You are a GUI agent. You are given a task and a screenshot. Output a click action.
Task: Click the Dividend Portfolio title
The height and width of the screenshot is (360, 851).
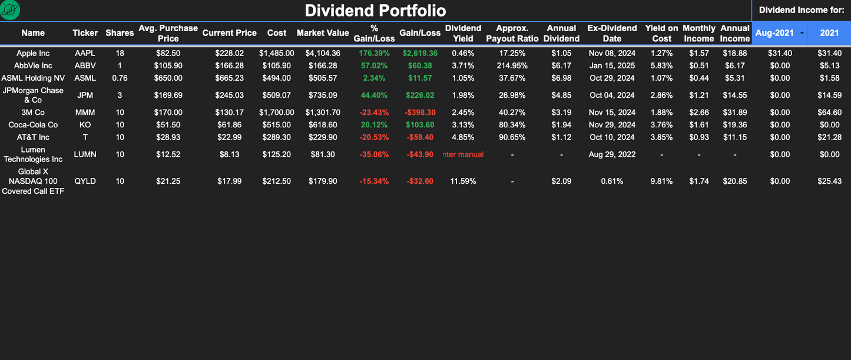[375, 11]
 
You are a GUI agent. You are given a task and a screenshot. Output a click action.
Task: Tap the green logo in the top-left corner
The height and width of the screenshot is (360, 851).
[10, 9]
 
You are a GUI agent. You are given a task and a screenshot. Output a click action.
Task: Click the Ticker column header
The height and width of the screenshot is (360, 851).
[85, 33]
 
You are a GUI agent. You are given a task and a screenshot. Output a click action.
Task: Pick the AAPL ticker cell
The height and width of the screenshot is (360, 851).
[85, 53]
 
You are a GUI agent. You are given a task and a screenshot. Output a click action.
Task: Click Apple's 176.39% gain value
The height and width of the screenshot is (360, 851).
[375, 53]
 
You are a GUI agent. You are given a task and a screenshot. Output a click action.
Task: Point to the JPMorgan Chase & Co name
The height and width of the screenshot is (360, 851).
[33, 95]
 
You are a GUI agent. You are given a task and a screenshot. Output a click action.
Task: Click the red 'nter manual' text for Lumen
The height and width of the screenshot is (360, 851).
[463, 154]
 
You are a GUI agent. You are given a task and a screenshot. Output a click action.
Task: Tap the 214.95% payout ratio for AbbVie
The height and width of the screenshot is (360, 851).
[512, 65]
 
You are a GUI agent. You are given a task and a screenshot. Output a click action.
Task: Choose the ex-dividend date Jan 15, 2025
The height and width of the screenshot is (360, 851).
[612, 65]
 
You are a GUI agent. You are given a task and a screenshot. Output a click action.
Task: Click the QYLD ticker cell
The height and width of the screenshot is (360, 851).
[85, 181]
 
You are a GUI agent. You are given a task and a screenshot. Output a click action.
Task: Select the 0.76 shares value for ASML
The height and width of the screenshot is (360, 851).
[120, 78]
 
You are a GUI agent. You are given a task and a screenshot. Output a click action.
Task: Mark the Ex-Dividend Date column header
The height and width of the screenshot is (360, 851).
[612, 33]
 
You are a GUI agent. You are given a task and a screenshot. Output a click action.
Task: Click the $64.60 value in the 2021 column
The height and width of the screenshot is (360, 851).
[829, 112]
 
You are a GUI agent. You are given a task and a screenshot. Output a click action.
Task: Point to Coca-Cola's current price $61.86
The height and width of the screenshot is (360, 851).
[229, 125]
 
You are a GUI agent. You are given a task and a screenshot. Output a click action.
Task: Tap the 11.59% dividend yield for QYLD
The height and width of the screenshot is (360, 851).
[463, 181]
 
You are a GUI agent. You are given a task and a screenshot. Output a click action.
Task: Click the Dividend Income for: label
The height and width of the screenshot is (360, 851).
[802, 10]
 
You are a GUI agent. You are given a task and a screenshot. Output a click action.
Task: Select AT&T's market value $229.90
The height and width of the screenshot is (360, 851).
[323, 137]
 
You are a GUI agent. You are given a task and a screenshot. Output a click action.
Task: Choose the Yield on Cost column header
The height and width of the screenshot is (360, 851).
[661, 33]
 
